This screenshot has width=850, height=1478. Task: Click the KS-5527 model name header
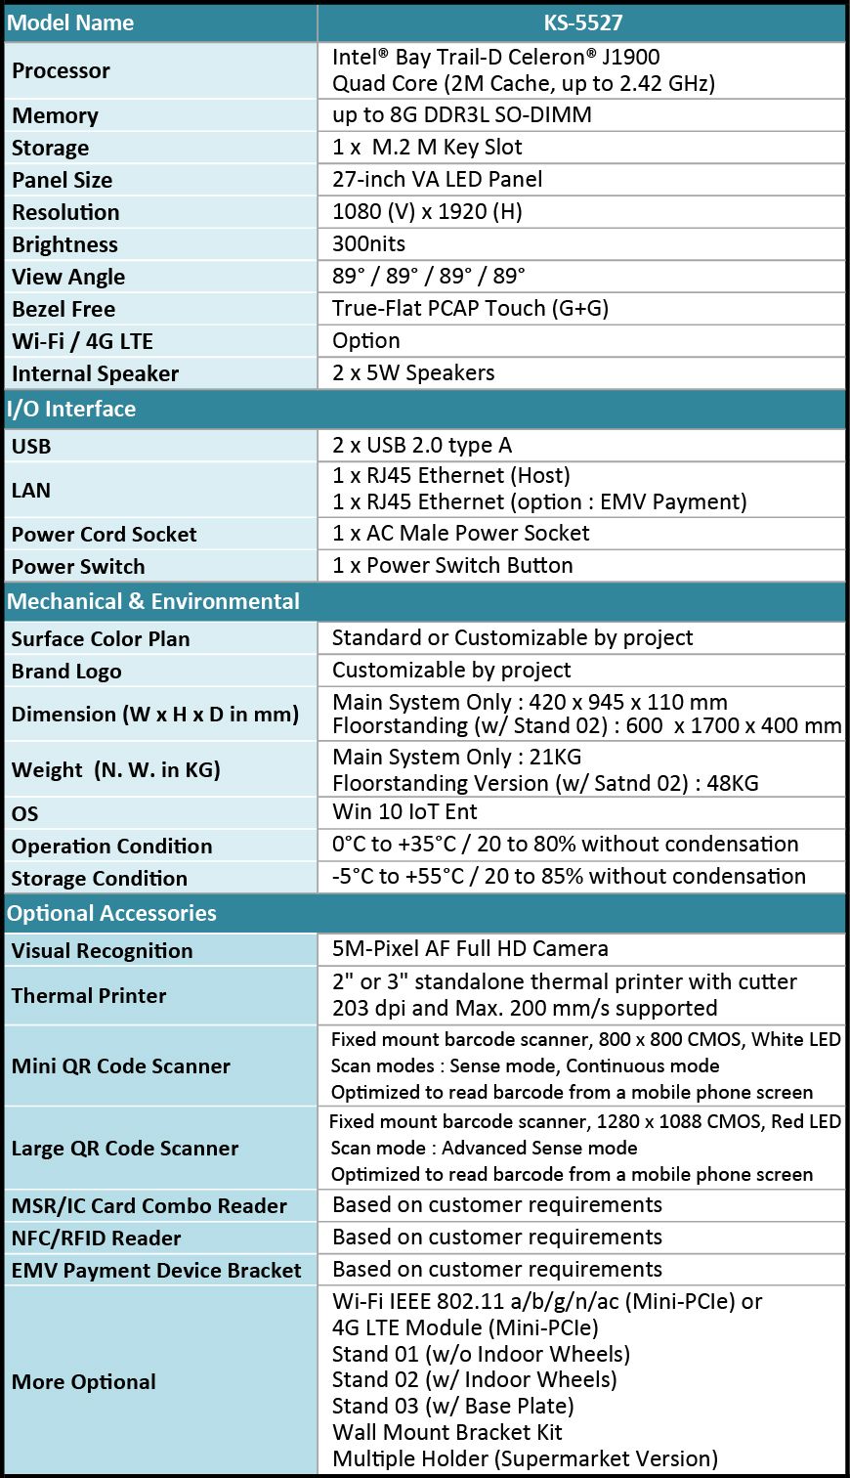coord(582,22)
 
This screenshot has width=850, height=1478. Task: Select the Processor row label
coord(61,70)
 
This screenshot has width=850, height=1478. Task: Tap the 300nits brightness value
coord(368,243)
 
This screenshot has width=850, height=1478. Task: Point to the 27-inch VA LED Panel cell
coord(437,179)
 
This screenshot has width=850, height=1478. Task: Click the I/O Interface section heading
coord(71,409)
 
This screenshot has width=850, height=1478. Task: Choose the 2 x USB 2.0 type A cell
coord(421,445)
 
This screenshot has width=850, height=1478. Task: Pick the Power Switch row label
coord(78,566)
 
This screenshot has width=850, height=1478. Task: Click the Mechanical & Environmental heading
coord(153,601)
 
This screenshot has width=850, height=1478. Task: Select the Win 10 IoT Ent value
coord(404,811)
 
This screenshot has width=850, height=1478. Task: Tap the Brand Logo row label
coord(66,672)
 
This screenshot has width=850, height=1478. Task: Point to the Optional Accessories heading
coord(111,913)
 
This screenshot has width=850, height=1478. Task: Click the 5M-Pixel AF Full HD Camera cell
coord(470,948)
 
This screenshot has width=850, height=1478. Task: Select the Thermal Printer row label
coord(89,995)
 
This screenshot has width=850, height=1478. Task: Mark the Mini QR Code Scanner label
coord(121,1065)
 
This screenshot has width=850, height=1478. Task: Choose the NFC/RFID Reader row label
coord(96,1238)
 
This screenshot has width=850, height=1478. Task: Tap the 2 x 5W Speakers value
coord(413,372)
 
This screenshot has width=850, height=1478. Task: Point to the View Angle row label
coord(68,277)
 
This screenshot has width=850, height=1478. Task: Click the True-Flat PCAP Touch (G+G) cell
coord(470,308)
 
